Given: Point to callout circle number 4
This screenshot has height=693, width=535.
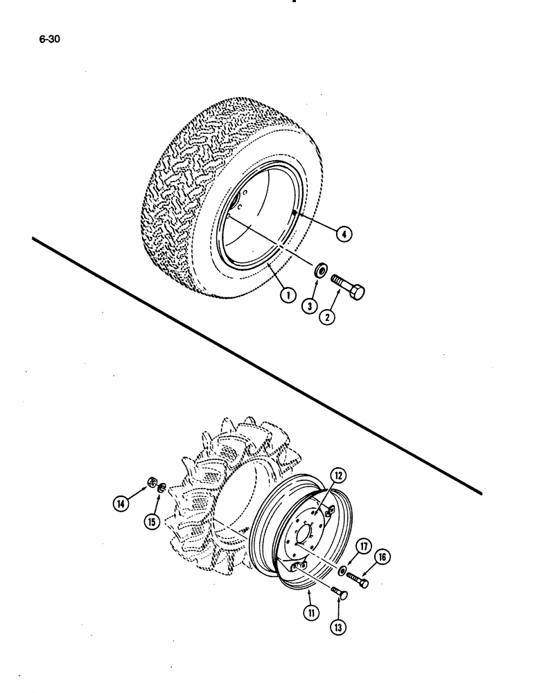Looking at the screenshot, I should click(x=342, y=234).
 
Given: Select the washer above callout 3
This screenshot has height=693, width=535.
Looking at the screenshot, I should click(x=322, y=270).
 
